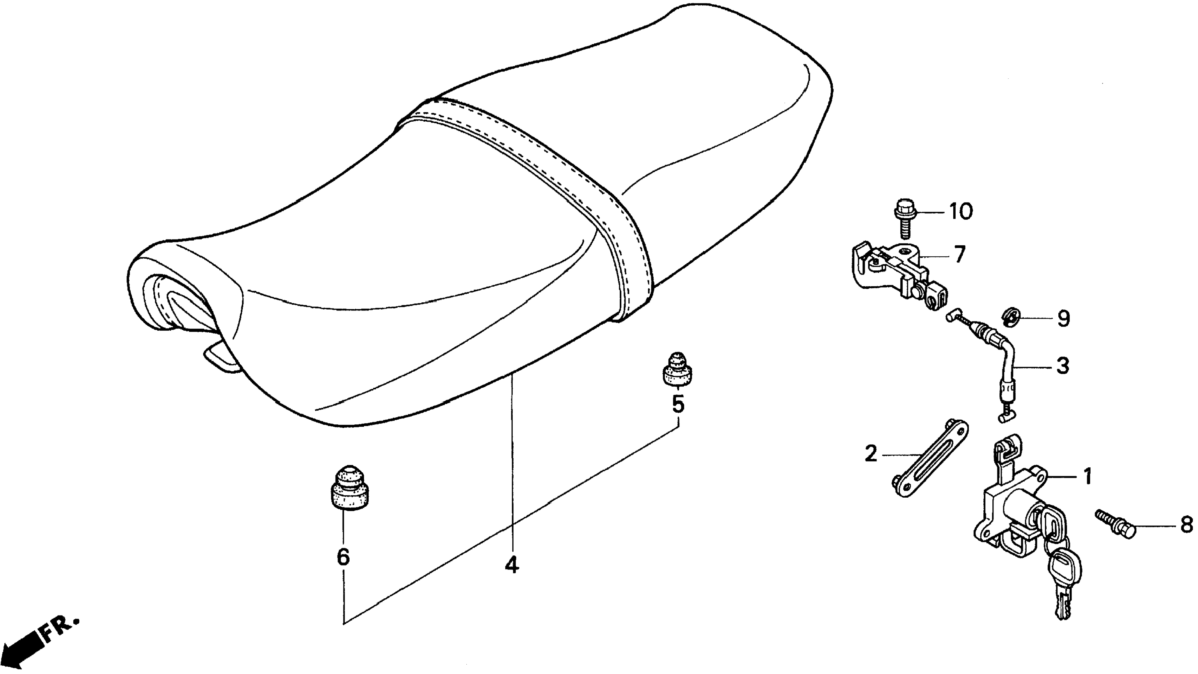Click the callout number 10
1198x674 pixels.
tap(960, 212)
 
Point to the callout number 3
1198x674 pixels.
tap(1062, 366)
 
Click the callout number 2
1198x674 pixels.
tap(870, 454)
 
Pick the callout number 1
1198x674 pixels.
tap(1087, 477)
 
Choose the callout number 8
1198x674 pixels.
tap(1186, 525)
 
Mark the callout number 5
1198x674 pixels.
tap(678, 404)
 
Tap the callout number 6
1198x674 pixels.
tap(343, 556)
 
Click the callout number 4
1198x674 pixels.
tap(512, 564)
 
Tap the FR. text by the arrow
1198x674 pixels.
tap(60, 627)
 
